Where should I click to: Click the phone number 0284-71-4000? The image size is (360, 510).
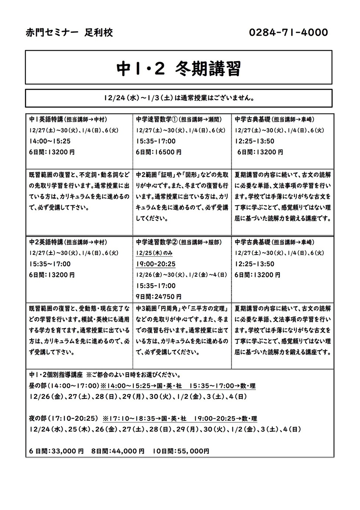coord(288,33)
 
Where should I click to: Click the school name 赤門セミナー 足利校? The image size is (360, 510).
coord(69,33)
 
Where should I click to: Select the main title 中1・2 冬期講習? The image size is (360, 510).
coord(179,68)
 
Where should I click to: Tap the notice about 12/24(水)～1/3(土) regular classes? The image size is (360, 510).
coord(179,98)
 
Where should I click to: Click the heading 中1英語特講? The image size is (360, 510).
coord(46,119)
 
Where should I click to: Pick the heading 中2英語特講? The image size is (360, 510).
coord(46,242)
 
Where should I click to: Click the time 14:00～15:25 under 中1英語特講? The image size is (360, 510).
coord(50,141)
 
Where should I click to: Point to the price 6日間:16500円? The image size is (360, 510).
coord(158,152)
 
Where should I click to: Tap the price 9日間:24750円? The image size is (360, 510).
coord(158,297)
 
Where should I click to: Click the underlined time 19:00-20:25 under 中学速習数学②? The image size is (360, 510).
coord(156,264)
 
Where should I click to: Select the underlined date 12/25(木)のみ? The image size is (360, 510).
coord(154,253)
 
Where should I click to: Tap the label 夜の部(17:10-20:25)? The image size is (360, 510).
coord(64,418)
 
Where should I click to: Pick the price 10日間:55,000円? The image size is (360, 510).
coord(181,451)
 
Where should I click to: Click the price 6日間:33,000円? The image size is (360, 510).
coord(57,451)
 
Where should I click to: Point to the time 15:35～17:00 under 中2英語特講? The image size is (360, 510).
coord(50,264)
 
